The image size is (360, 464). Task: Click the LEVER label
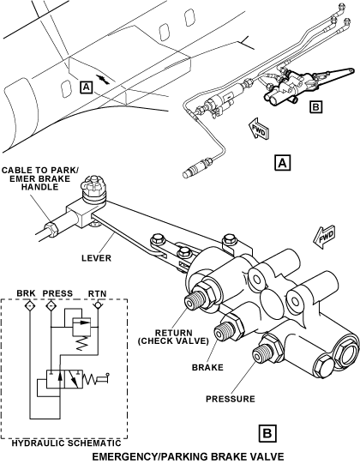[x=97, y=258]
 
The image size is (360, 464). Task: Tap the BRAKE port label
[x=207, y=368]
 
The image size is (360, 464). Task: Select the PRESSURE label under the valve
[x=231, y=399]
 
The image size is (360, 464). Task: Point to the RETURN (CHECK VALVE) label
[x=173, y=337]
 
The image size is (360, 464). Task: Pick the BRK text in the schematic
[x=26, y=293]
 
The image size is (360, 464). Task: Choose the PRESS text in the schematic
[x=57, y=293]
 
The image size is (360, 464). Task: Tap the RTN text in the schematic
[x=98, y=293]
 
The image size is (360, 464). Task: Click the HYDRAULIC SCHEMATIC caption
[x=67, y=443]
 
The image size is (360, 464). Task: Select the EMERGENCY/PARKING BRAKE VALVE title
[x=188, y=456]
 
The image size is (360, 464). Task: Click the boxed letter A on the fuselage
[x=86, y=87]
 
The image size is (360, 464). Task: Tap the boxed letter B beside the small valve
[x=315, y=106]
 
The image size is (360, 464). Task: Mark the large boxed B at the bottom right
[x=267, y=434]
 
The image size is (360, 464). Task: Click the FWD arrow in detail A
[x=259, y=130]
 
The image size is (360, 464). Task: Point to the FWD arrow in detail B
[x=324, y=237]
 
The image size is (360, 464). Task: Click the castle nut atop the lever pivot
[x=92, y=185]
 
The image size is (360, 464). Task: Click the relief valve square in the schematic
[x=81, y=327]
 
